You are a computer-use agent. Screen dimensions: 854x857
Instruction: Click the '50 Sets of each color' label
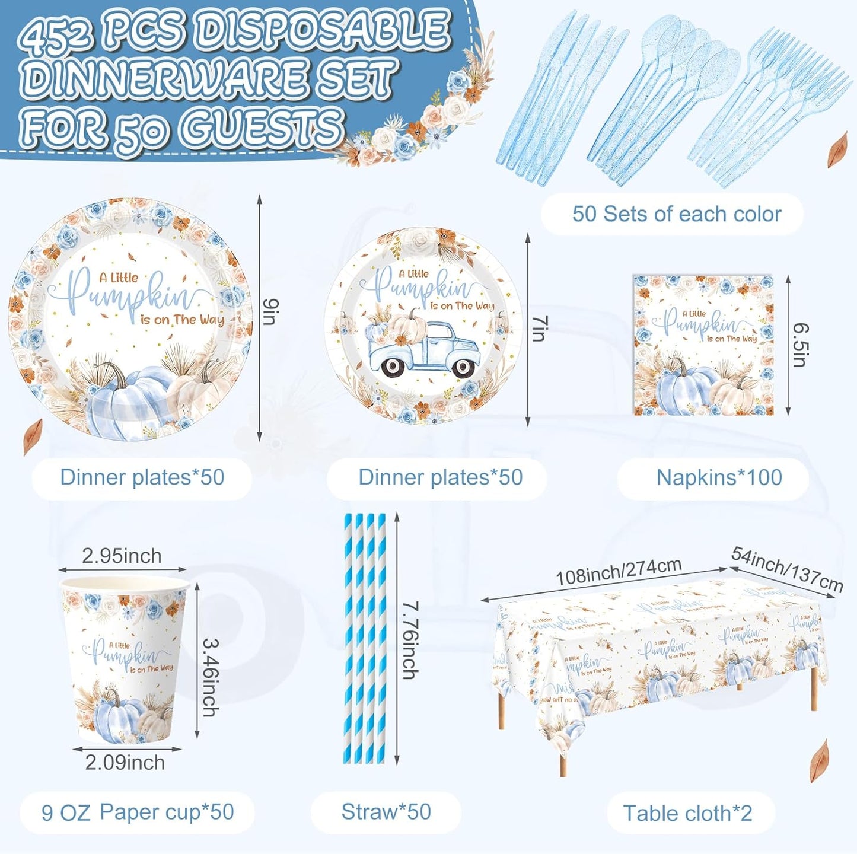coord(676,214)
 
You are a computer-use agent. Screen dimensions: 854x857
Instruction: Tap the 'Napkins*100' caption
coord(719,477)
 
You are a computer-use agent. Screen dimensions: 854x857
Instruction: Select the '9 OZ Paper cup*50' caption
coord(138,812)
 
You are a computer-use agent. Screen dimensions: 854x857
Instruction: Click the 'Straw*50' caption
coord(386,812)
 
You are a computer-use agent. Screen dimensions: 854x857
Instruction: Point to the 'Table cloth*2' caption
coord(687,813)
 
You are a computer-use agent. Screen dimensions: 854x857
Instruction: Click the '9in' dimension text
coord(270,313)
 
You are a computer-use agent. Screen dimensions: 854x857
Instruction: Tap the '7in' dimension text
coord(539,328)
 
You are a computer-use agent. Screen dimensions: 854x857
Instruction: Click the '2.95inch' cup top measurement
coord(122,556)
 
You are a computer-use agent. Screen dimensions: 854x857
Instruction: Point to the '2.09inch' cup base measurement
coord(125,762)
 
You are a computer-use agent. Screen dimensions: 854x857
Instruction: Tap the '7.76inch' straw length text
coord(410,640)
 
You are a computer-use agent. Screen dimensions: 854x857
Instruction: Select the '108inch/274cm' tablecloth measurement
coord(618,571)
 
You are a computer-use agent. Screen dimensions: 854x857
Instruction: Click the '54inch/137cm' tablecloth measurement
coord(787,569)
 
